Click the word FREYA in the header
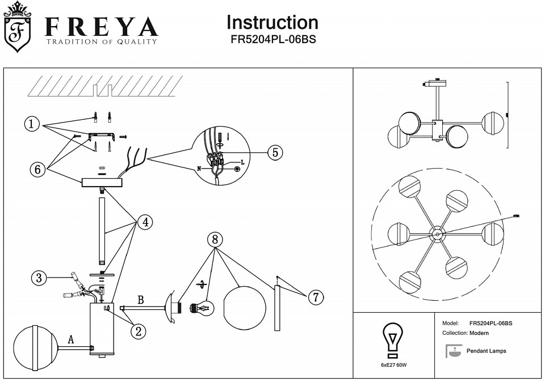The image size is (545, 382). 102,27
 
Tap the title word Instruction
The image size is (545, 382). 272,22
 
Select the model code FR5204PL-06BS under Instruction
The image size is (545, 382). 272,40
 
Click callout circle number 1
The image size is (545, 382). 32,123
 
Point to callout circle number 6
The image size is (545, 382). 38,169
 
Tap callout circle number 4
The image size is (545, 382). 144,222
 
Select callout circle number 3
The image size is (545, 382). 39,278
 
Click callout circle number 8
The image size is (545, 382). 214,240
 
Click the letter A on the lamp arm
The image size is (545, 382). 71,339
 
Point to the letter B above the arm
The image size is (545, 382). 140,299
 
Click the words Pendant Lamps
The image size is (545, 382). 486,351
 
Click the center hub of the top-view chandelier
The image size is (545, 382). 437,233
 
